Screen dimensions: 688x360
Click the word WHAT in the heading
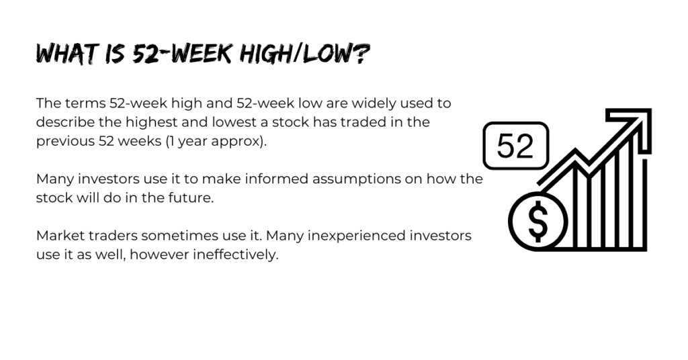(x=66, y=54)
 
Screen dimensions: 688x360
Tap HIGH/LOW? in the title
(x=305, y=54)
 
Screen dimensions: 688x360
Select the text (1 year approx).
(x=216, y=142)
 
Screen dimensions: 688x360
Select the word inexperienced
(x=356, y=236)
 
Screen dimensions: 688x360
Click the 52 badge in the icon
(x=515, y=146)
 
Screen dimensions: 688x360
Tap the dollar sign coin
(x=538, y=222)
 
